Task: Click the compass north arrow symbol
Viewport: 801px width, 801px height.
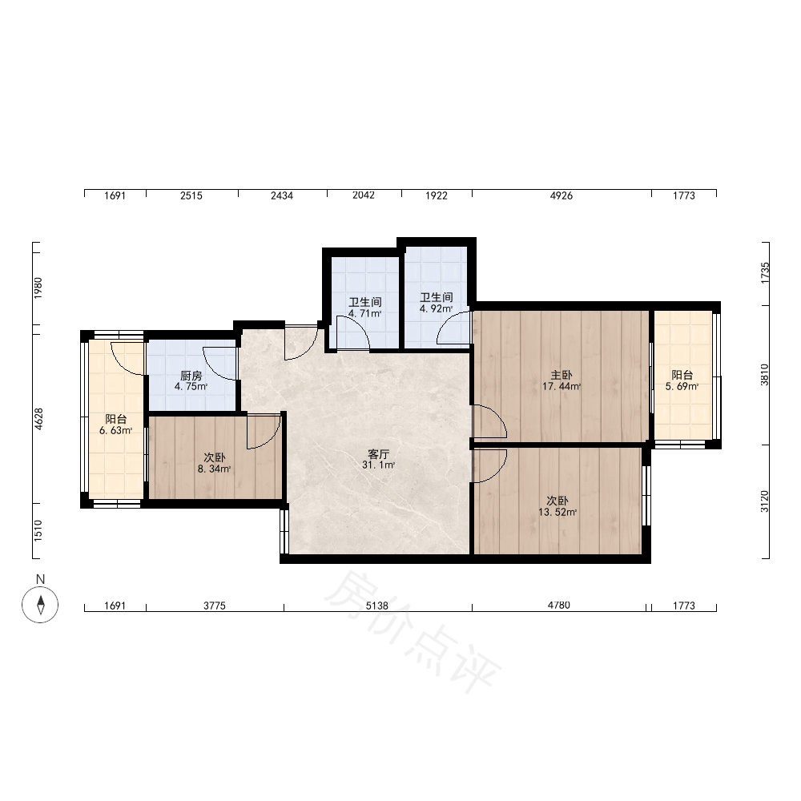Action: [x=40, y=604]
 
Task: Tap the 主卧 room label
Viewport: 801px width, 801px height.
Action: [x=561, y=375]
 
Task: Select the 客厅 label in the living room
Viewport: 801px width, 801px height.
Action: [x=379, y=453]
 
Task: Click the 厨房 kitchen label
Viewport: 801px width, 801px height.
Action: [x=191, y=376]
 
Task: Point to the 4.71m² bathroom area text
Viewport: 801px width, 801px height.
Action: [x=364, y=314]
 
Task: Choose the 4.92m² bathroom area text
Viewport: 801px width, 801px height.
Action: [x=437, y=308]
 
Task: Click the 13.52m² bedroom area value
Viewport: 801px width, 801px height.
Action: [x=557, y=512]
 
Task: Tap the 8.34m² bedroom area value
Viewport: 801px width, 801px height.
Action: [x=214, y=469]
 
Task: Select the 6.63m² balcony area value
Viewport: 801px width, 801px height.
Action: [x=116, y=430]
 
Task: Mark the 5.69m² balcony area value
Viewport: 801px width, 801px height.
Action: [x=682, y=386]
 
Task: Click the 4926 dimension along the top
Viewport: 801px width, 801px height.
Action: [x=561, y=195]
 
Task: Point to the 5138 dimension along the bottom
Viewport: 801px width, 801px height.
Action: [x=377, y=606]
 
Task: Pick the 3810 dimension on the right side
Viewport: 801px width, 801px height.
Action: [x=764, y=374]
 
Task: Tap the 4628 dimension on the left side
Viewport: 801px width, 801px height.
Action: [x=38, y=419]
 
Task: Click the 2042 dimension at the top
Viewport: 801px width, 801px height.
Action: [x=364, y=195]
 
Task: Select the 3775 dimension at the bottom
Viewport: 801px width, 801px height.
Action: [x=215, y=606]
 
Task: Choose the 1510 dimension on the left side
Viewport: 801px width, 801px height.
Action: [x=38, y=531]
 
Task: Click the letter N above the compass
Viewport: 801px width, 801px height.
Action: [x=40, y=579]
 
